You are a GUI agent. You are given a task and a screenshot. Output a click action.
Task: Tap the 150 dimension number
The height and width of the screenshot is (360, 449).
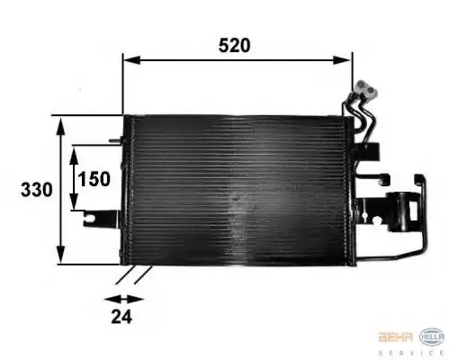93,178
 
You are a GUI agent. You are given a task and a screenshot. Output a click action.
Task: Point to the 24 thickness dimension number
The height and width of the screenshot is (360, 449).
122,315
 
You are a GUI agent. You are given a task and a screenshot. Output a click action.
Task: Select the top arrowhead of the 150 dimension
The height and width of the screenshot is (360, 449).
74,149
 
